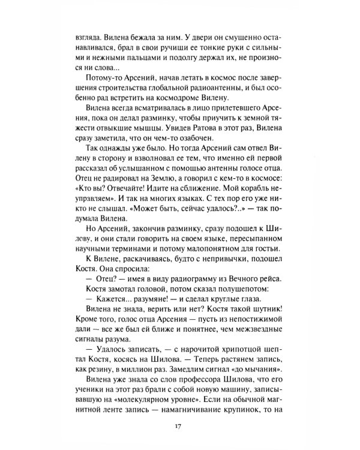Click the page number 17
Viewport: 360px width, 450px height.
pos(179,426)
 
